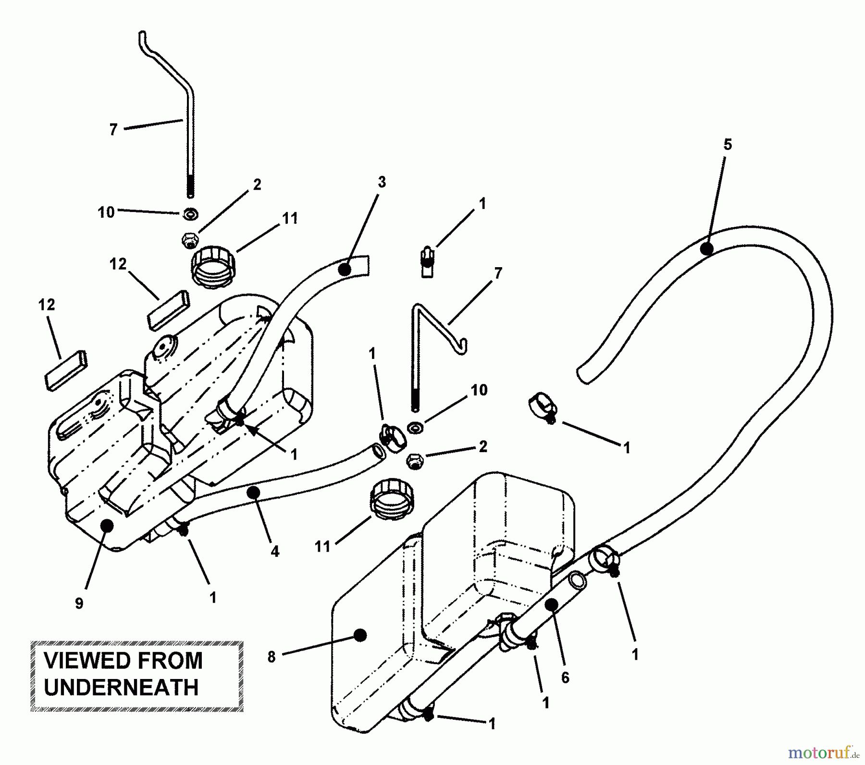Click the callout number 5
tap(728, 145)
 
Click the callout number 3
tap(382, 182)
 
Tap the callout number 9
tap(79, 603)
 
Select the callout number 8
tap(272, 657)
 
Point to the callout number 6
tap(565, 678)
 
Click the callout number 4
tap(274, 551)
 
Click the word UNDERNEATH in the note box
tap(121, 688)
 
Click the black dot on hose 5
tap(706, 249)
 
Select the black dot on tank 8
tap(359, 635)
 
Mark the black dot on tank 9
tap(107, 525)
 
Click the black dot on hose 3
tap(345, 270)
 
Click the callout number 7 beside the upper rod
tap(113, 129)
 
